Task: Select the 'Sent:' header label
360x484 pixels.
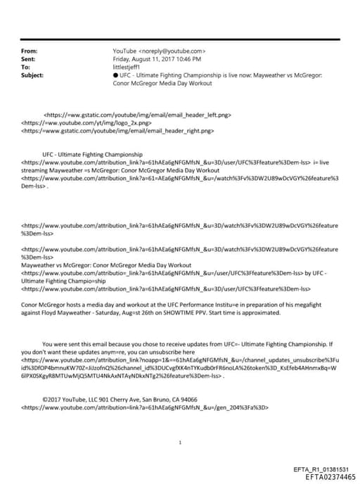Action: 29,59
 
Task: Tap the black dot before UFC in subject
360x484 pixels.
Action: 115,74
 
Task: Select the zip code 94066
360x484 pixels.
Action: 186,399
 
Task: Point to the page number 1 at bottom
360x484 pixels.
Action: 181,442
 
